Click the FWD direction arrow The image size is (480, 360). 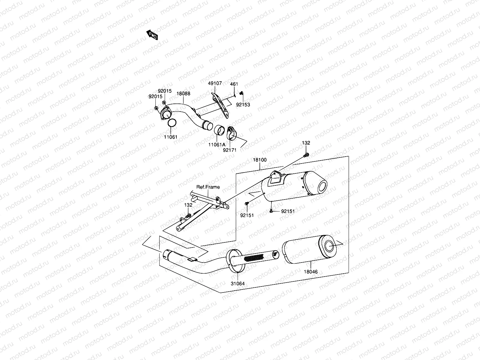click(x=152, y=35)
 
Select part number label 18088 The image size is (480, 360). click(x=183, y=94)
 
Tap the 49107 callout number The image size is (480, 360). click(x=215, y=83)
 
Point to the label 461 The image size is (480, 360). click(x=234, y=85)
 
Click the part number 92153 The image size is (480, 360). click(x=243, y=105)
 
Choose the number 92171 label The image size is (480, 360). click(x=229, y=150)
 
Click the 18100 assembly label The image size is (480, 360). click(x=259, y=160)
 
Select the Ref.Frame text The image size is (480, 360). click(x=208, y=187)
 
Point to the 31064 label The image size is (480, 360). click(x=238, y=283)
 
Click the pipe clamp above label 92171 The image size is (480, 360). click(x=232, y=133)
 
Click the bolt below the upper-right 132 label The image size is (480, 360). click(x=306, y=155)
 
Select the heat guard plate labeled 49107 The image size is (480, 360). click(x=220, y=105)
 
